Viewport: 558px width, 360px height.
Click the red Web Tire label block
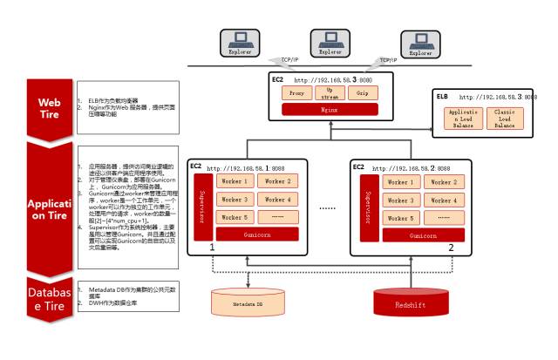click(x=48, y=105)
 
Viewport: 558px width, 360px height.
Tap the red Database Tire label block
click(x=48, y=297)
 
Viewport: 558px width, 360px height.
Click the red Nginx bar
click(x=329, y=109)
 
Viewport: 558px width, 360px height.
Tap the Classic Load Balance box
click(x=504, y=119)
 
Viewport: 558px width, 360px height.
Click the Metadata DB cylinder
click(x=248, y=302)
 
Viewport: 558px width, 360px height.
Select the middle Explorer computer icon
click(x=328, y=40)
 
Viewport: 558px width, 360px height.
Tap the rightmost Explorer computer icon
click(x=420, y=42)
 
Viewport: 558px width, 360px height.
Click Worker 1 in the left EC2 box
click(x=234, y=181)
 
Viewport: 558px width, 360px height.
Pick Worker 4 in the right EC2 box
click(x=443, y=200)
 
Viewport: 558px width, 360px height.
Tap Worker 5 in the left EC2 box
click(x=234, y=217)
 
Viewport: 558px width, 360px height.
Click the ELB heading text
click(x=443, y=97)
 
